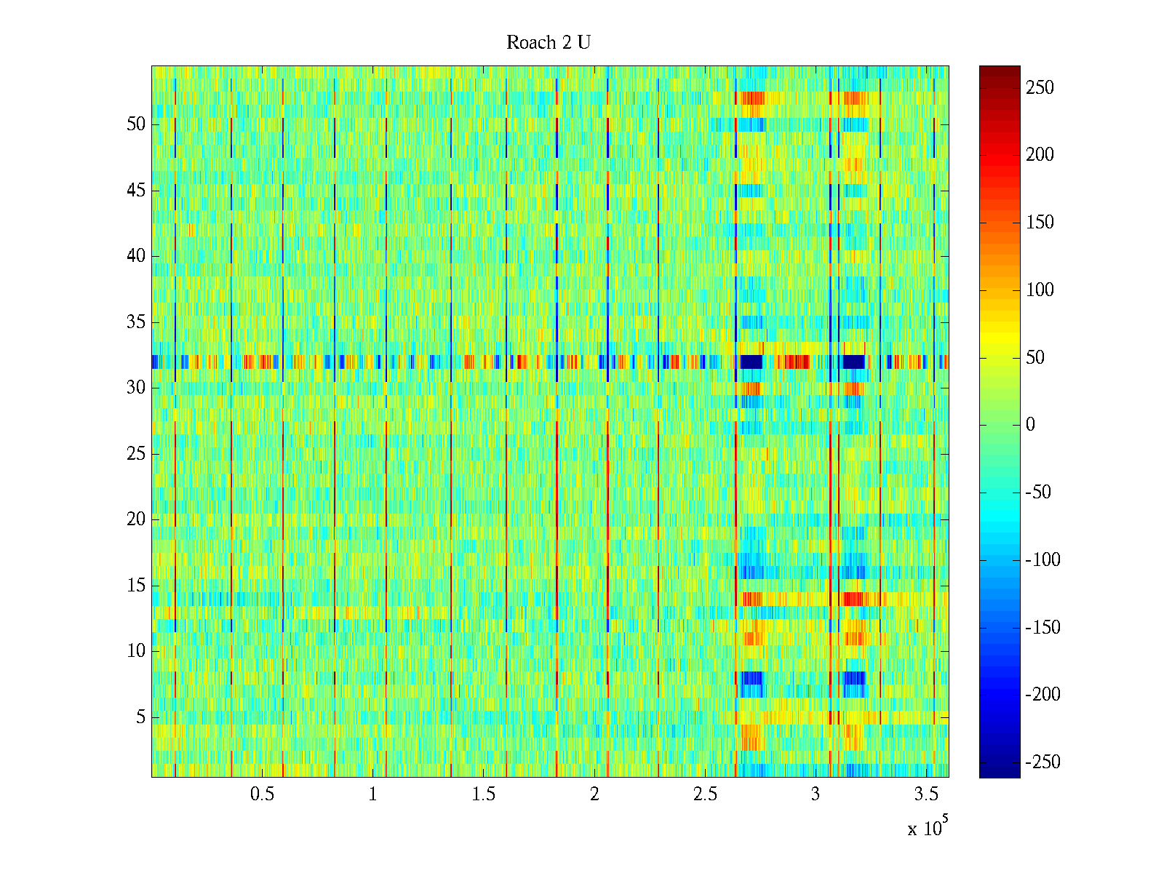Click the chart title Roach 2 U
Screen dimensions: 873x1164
[548, 43]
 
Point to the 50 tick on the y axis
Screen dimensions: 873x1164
[136, 124]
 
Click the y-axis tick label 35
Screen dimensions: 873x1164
[136, 322]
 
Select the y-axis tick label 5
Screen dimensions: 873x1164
[140, 717]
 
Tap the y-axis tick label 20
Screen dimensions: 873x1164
[136, 519]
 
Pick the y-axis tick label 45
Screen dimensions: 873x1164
[136, 191]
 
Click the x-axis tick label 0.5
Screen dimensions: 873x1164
[262, 794]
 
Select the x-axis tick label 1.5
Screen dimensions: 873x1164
[484, 794]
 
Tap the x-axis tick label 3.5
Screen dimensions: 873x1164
[926, 794]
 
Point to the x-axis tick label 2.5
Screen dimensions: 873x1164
[705, 794]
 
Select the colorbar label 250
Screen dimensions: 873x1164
[1040, 88]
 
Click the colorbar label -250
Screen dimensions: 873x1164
[1043, 762]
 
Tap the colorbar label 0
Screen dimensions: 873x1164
[1029, 425]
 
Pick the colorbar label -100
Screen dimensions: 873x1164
[1043, 560]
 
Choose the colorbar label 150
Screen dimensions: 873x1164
[1040, 223]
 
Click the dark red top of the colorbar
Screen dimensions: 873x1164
[1000, 70]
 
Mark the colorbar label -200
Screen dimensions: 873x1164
[1043, 695]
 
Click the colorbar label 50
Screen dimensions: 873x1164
[1035, 358]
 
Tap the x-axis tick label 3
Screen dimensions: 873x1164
[816, 794]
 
